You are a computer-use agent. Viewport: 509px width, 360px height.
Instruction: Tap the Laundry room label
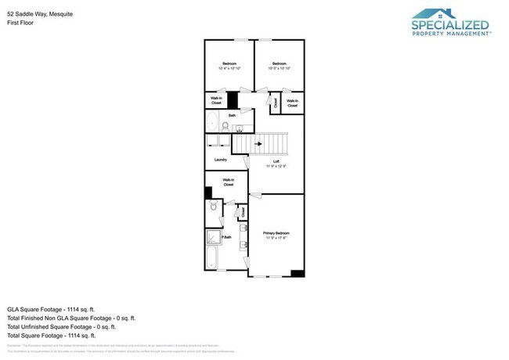coord(220,160)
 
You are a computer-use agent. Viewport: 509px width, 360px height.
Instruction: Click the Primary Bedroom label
coord(276,232)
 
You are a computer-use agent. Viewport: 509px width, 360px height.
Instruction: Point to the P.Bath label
coord(226,238)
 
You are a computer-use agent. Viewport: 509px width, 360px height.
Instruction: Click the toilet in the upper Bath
coord(225,124)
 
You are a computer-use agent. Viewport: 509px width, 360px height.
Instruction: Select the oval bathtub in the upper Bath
coord(212,121)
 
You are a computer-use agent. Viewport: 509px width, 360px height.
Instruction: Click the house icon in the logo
coord(436,13)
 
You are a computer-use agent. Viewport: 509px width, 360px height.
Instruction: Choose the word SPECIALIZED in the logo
coord(449,26)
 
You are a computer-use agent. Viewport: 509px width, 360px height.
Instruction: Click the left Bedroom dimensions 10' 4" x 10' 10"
coord(229,68)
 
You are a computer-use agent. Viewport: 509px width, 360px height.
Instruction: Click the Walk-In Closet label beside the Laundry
coord(229,182)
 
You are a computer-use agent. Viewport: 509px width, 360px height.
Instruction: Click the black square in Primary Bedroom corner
coord(297,272)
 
